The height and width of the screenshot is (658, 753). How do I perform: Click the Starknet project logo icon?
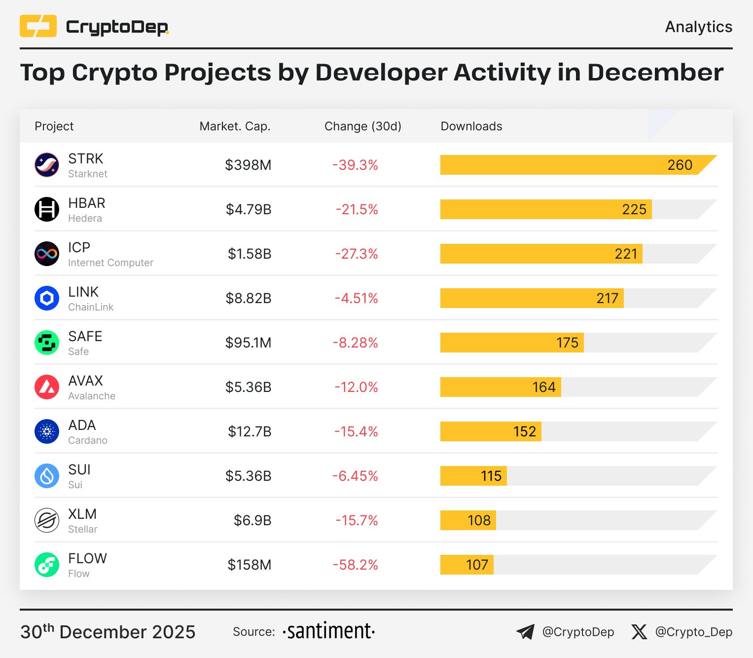point(47,165)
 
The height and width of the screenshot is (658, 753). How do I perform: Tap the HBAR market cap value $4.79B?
point(249,209)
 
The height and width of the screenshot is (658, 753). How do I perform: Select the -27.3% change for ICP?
point(356,254)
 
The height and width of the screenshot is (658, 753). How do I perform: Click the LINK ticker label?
point(83,292)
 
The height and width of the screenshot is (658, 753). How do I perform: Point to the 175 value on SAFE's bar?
point(567,343)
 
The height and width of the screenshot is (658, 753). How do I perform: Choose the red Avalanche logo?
point(47,387)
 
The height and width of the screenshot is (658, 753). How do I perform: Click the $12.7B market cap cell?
point(250,431)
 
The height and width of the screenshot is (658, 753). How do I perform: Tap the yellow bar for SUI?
point(473,476)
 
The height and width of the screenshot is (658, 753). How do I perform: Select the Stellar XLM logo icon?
point(47,520)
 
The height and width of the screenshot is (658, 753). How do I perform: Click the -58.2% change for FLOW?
point(355,565)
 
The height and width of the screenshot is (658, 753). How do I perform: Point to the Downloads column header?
point(471,126)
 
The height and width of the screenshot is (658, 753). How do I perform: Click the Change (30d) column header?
point(363,126)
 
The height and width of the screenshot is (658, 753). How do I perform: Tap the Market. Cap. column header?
point(235,126)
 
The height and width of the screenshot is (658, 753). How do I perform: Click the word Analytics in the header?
point(698,27)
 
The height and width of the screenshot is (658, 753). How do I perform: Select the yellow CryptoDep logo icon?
point(38,26)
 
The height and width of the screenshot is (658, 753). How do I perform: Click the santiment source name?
point(329,631)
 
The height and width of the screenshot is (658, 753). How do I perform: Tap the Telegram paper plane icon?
point(525,632)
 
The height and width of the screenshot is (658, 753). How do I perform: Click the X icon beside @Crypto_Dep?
point(639,632)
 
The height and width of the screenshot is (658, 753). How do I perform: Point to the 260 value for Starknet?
point(680,165)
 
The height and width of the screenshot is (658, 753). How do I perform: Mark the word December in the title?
point(655,73)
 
